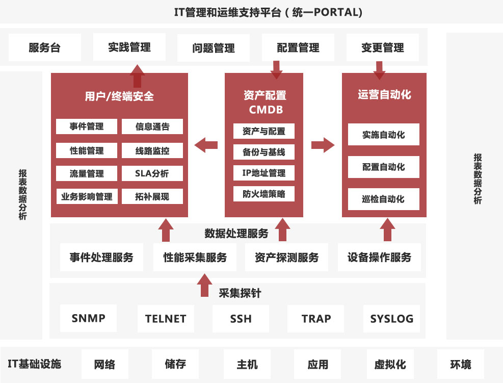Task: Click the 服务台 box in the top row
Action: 44,47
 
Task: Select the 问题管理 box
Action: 214,48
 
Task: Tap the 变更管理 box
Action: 382,47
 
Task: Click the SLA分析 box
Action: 152,173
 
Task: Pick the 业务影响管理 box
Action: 87,196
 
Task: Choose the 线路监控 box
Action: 152,150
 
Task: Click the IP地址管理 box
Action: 263,173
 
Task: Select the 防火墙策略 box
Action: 263,194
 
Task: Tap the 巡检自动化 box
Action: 383,199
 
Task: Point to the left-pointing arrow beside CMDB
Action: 206,145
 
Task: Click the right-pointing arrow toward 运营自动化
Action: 323,145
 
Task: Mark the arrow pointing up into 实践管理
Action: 137,76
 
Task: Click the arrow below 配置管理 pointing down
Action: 276,70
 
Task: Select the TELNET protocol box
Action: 166,318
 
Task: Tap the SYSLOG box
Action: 391,318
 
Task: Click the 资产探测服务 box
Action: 286,257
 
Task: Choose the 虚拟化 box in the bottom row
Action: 390,364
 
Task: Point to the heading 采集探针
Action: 240,293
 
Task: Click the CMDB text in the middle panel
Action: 266,110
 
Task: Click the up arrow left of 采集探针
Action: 204,285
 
